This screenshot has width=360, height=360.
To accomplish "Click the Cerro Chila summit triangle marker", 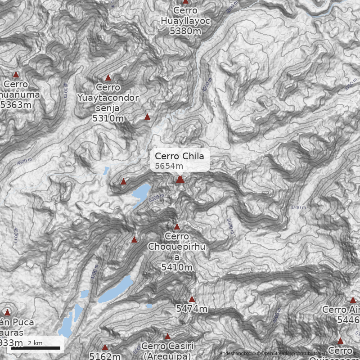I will [180, 179].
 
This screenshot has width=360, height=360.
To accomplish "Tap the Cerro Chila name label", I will [179, 156].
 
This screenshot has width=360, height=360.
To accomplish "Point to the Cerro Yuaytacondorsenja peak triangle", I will [108, 78].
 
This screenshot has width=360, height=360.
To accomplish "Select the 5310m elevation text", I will [108, 118].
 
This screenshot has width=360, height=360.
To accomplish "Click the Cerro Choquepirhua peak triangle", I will [177, 227].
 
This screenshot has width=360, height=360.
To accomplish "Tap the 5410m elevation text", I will [176, 267].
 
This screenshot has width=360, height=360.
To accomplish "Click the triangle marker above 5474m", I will [192, 299].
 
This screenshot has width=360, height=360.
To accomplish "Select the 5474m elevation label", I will [192, 309].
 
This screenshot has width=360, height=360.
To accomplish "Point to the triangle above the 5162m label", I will [105, 347].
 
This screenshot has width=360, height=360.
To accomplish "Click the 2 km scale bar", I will [36, 347].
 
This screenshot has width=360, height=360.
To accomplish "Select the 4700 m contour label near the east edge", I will [298, 207].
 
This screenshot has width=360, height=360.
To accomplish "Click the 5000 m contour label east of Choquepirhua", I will [230, 227].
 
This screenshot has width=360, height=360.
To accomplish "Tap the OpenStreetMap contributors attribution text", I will [288, 354].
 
